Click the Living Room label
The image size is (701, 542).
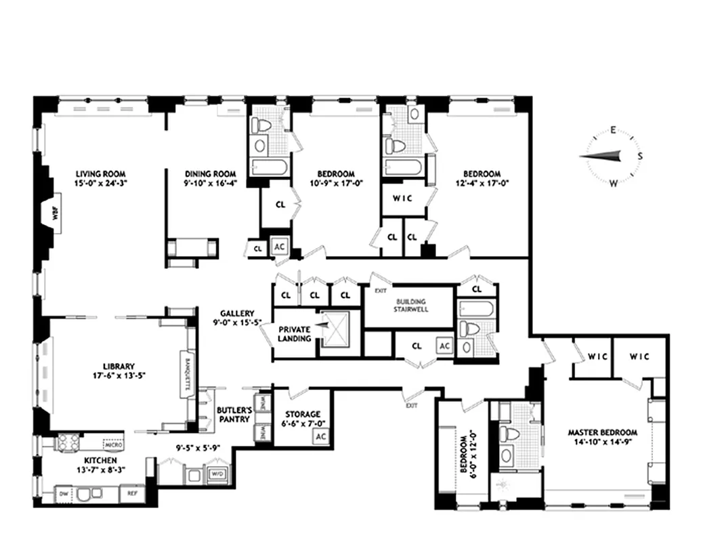tap(100, 173)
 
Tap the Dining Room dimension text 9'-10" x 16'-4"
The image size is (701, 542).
tap(209, 183)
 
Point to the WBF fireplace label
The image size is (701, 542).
tap(56, 215)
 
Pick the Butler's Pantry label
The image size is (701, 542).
tap(234, 415)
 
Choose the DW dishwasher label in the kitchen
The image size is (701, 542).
tap(64, 494)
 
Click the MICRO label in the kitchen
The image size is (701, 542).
tap(112, 445)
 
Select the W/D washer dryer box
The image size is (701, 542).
tap(217, 474)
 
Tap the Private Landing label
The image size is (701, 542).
tap(295, 334)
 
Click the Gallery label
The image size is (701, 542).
tap(236, 314)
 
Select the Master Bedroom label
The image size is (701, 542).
tap(602, 432)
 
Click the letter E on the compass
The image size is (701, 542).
tap(612, 130)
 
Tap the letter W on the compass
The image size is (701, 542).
tap(614, 183)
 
